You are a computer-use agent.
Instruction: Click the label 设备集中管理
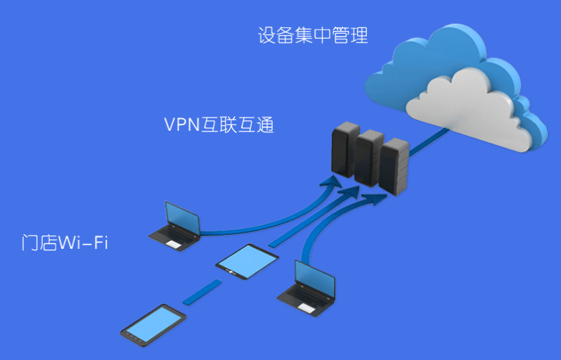tap(313, 36)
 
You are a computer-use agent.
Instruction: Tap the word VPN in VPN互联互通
tap(182, 126)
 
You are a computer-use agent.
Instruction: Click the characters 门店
tap(38, 244)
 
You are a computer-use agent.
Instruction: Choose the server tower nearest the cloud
tap(394, 167)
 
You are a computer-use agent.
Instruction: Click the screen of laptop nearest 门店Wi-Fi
tap(182, 219)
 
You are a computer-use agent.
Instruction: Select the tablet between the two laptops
tap(243, 262)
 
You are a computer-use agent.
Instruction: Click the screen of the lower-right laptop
tap(316, 277)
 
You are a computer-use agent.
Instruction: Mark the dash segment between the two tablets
tap(202, 292)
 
